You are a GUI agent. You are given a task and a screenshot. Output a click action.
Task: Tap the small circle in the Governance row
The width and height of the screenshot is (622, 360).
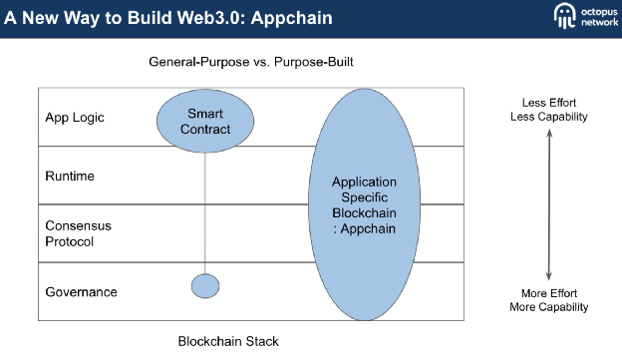tap(205, 286)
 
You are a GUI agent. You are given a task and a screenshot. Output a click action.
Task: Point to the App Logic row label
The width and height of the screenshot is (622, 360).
tap(75, 118)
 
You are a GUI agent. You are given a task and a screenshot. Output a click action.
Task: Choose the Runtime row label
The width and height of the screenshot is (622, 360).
tap(70, 177)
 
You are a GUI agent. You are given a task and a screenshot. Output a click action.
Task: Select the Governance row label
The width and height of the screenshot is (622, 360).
tap(82, 292)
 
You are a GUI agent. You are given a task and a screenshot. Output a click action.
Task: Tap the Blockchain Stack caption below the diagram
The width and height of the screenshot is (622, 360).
tap(228, 341)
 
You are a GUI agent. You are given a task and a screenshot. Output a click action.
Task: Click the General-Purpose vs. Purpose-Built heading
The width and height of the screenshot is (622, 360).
tap(251, 63)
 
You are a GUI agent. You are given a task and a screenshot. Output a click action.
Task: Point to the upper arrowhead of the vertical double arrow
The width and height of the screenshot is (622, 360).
tap(549, 134)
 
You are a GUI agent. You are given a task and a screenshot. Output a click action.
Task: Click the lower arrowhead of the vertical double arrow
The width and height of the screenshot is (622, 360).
tap(549, 277)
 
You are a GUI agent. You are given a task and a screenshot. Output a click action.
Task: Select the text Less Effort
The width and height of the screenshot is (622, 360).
tap(549, 103)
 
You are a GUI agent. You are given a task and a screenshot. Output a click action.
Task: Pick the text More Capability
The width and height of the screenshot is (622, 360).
tap(549, 307)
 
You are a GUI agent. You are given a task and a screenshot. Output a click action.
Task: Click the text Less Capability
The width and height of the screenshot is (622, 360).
tap(549, 117)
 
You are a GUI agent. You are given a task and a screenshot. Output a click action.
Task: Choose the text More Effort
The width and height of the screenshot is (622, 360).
tap(549, 293)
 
